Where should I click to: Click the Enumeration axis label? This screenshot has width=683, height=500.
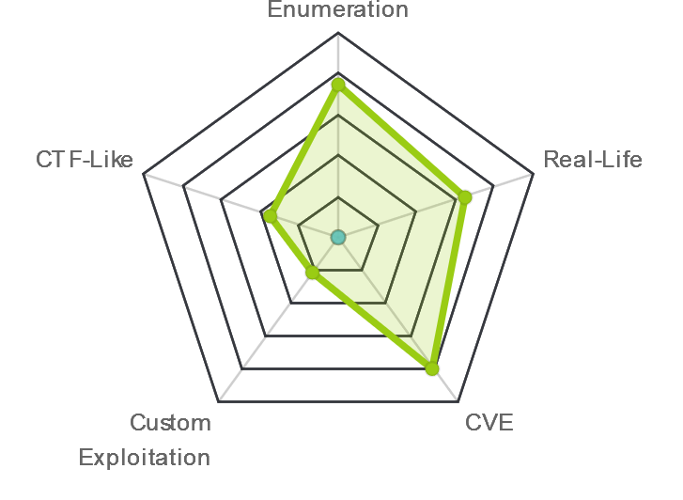pos(338,9)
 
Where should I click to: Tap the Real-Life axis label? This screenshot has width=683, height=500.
pos(593,160)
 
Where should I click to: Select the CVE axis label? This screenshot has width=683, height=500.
pos(489,422)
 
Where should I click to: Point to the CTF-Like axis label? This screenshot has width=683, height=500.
pos(85,160)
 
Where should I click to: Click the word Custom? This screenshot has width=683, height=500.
pos(170,422)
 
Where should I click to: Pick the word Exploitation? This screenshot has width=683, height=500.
pos(145,458)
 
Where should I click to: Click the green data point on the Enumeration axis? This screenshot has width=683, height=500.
pos(338,85)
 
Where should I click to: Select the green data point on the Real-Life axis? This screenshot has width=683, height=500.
pos(465,197)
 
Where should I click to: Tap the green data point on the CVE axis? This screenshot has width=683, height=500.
pos(431,367)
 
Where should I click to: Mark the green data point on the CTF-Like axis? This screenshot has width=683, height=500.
pos(271,216)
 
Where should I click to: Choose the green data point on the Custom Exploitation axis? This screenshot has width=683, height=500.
pos(312,273)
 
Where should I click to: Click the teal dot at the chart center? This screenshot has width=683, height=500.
pos(338,238)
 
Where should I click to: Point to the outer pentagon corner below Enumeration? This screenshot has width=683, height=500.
pos(338,33)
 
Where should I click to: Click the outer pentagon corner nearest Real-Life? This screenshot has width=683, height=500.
pos(534,175)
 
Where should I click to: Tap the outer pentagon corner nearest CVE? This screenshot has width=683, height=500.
pos(458,401)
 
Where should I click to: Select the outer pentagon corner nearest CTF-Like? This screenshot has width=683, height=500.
pos(144,175)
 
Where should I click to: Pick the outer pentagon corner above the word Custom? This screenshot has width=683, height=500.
pos(218,401)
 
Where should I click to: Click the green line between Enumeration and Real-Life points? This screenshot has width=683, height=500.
pos(401,141)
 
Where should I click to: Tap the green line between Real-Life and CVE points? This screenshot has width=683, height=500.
pos(448,283)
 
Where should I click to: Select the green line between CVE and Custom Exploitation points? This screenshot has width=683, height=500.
pos(372,320)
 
